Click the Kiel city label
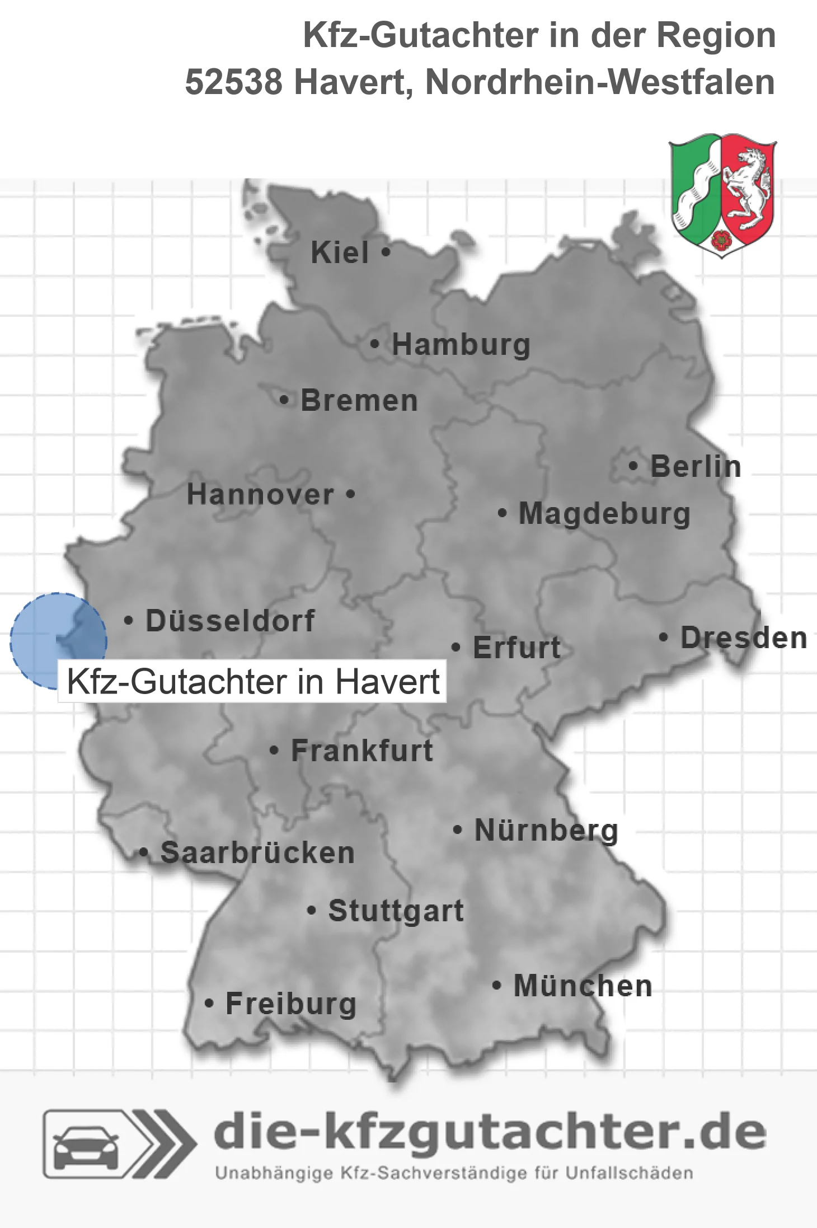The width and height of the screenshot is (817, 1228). (340, 252)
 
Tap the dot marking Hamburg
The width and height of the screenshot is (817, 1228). (374, 344)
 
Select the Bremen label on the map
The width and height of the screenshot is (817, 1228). (359, 401)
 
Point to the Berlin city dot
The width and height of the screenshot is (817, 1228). (633, 466)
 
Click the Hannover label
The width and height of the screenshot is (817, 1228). (260, 494)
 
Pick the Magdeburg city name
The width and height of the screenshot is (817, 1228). (604, 514)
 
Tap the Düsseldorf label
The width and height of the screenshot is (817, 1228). (230, 621)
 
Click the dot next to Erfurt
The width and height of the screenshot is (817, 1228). (456, 648)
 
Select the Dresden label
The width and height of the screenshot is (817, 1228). (744, 638)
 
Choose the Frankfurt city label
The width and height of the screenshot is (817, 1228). (362, 751)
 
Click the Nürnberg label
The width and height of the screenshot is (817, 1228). (546, 831)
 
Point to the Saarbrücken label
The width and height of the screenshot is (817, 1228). (257, 853)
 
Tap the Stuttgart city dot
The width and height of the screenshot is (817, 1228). (312, 910)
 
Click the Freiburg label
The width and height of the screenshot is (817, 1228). (291, 1004)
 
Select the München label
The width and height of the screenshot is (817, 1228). (583, 986)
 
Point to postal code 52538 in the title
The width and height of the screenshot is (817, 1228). (233, 82)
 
